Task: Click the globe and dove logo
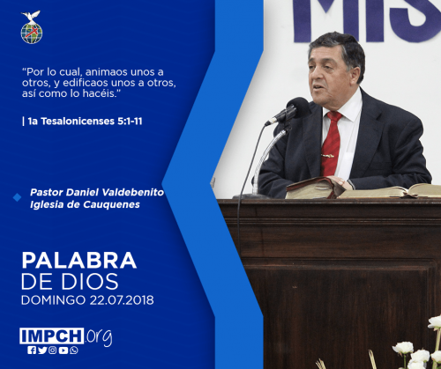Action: (x=32, y=27)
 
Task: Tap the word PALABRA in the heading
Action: (x=79, y=261)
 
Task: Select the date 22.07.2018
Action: (x=122, y=300)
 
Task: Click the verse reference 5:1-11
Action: (x=130, y=122)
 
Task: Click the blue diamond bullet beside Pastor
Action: (x=17, y=197)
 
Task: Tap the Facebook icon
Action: (x=32, y=351)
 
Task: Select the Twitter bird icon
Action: (x=42, y=351)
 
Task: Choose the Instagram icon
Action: (x=53, y=351)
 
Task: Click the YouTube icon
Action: (x=64, y=351)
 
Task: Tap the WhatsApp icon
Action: (x=74, y=351)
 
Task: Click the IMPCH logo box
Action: (x=52, y=336)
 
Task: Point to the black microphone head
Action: (x=298, y=108)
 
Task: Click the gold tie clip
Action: (x=327, y=156)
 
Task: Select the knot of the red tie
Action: (x=334, y=116)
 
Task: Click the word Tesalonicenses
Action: (x=78, y=122)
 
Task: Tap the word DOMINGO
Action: (x=53, y=300)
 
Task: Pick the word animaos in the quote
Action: (x=107, y=72)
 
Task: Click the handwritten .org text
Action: (x=99, y=337)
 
